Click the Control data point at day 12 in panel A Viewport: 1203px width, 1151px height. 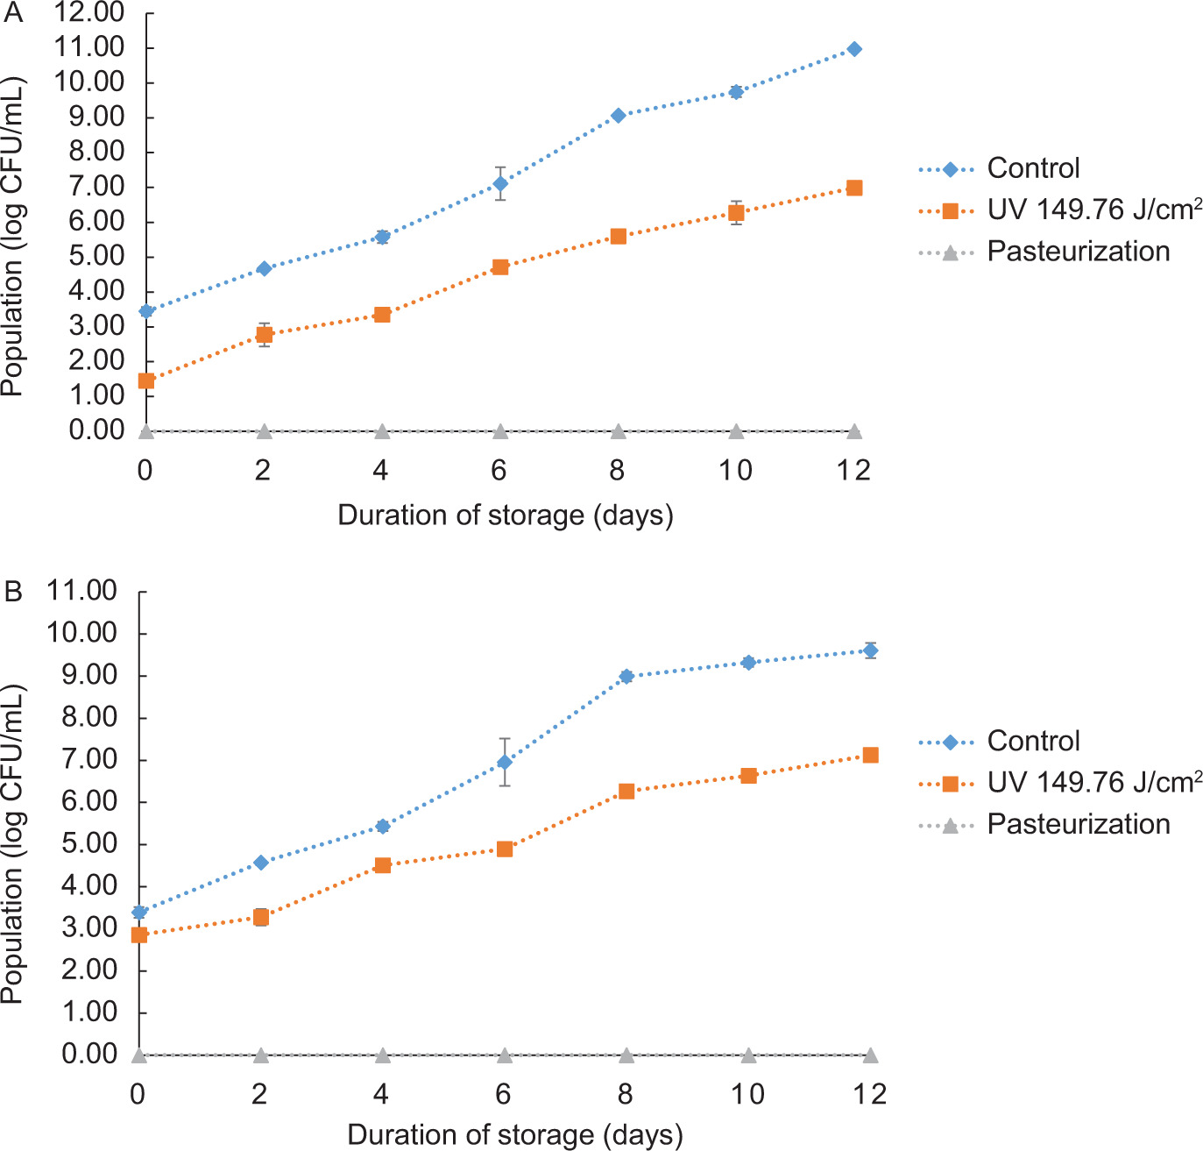coord(854,49)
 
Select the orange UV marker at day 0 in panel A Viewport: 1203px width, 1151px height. coord(146,380)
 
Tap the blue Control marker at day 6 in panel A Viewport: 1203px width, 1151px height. coord(500,183)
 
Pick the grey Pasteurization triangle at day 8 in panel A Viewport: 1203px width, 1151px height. coord(618,431)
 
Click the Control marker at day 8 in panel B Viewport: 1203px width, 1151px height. coord(626,676)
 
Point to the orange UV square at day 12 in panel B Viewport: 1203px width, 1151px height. coord(870,755)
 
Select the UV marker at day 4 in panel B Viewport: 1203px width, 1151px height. coord(382,865)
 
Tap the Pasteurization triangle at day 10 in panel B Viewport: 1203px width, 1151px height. coord(748,1055)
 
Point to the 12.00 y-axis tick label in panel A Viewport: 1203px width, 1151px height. coord(88,13)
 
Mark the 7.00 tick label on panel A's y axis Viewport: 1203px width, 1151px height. coord(88,187)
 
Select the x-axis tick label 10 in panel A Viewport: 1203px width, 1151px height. coord(735,471)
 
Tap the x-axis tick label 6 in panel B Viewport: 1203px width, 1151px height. coord(503,1094)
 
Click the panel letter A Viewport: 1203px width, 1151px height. coord(13,13)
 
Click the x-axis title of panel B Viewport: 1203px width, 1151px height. coord(514,1135)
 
